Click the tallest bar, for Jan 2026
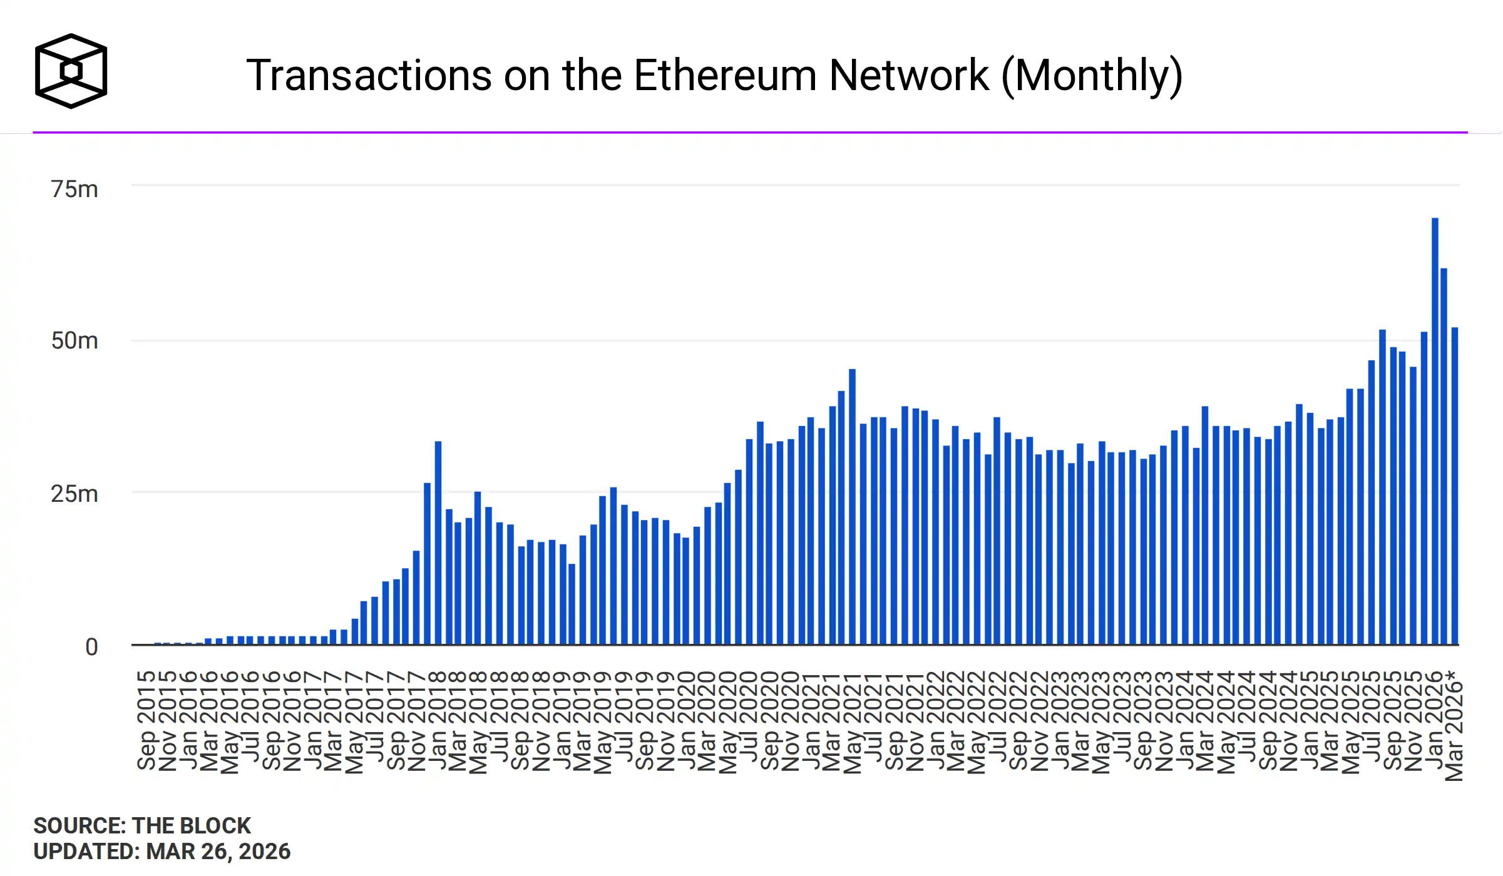pyautogui.click(x=1435, y=432)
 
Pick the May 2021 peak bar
pyautogui.click(x=852, y=507)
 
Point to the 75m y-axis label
pyautogui.click(x=74, y=189)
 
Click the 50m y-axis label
pyautogui.click(x=74, y=341)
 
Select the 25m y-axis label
pyautogui.click(x=74, y=494)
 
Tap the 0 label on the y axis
pyautogui.click(x=91, y=647)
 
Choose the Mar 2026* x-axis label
pyautogui.click(x=1454, y=726)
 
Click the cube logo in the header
pyautogui.click(x=71, y=71)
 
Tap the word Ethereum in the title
pyautogui.click(x=726, y=76)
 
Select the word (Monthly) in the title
pyautogui.click(x=1092, y=76)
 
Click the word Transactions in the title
pyautogui.click(x=369, y=76)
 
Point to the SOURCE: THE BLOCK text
pyautogui.click(x=142, y=826)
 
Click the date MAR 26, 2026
pyautogui.click(x=218, y=852)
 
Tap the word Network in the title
pyautogui.click(x=909, y=76)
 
